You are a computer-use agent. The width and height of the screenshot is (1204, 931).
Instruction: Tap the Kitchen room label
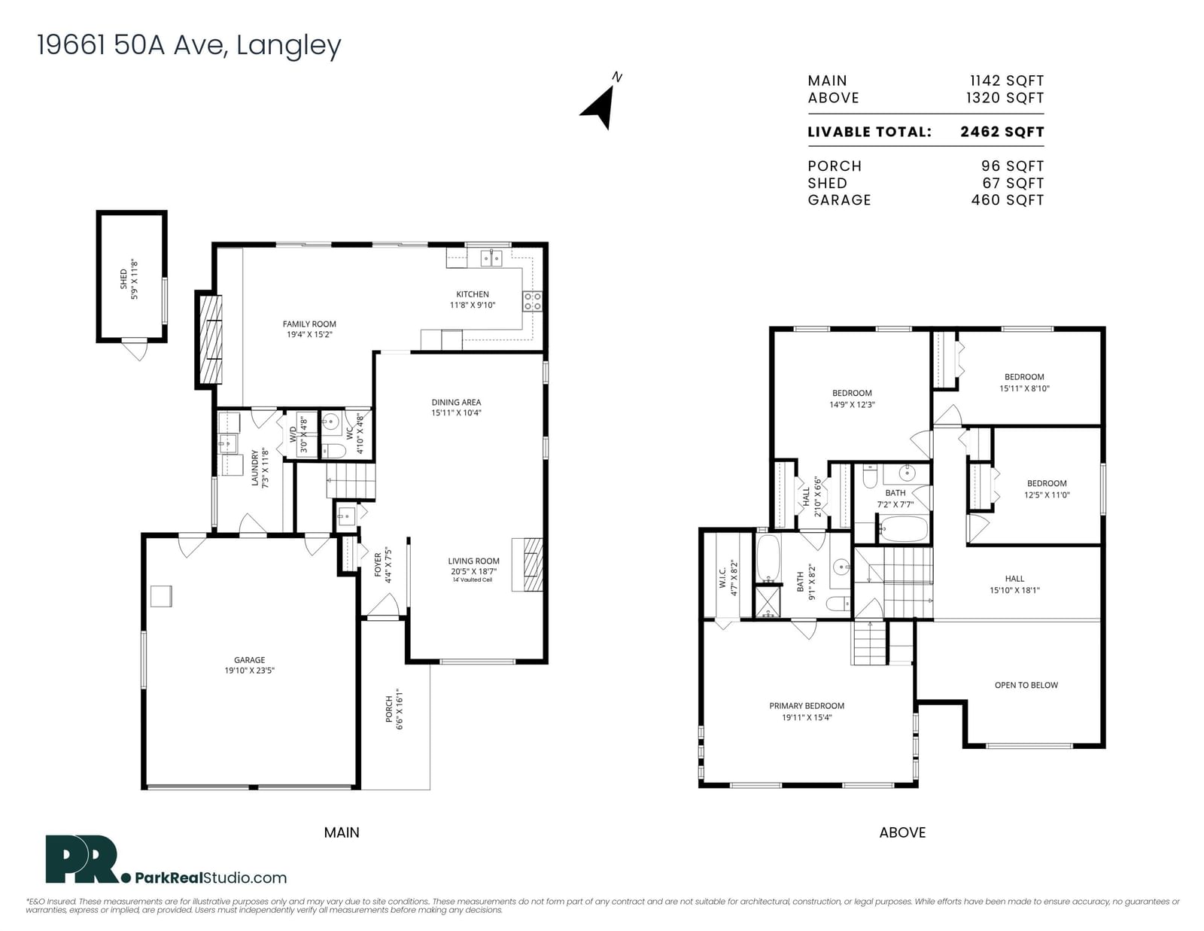coord(472,294)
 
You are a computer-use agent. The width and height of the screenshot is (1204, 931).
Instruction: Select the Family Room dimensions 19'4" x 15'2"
coord(309,335)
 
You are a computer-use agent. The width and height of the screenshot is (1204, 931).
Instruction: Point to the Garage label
coord(249,660)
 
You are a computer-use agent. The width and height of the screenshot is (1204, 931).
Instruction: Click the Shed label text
coord(123,279)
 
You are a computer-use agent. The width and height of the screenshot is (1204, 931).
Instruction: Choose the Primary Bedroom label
coord(807,706)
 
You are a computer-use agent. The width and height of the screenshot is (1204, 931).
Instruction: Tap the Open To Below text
coord(1026,686)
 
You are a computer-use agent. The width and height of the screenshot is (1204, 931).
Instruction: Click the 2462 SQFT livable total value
coord(1002,132)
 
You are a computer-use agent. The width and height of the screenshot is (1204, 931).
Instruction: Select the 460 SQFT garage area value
coord(1008,200)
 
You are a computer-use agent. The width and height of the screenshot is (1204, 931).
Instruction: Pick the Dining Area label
coord(457,403)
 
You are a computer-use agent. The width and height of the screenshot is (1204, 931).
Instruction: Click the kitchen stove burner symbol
coord(533,302)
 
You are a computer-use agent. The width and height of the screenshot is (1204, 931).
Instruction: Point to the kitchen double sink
coord(491,258)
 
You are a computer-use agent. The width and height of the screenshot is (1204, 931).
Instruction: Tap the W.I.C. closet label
coord(722,578)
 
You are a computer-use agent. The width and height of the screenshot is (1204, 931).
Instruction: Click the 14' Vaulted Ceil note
coord(473,580)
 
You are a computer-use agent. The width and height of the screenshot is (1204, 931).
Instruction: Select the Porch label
coord(389,709)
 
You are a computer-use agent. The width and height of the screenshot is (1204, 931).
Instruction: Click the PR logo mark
coord(84,859)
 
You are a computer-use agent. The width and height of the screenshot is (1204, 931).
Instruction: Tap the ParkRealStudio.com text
coord(211,878)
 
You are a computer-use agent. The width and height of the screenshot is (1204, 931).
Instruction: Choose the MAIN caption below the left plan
coord(342,833)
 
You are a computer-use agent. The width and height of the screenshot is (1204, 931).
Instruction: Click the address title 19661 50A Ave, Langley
coord(189,45)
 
